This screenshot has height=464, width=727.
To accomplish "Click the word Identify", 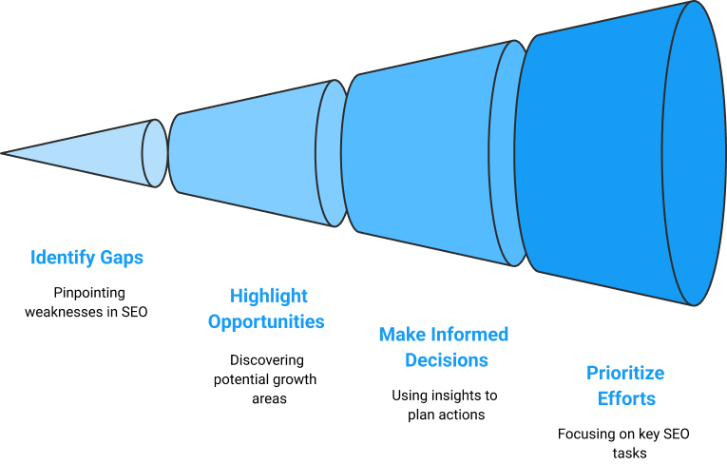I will [61, 258].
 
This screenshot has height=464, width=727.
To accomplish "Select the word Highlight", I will [269, 297].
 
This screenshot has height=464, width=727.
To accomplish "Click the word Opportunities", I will [266, 321].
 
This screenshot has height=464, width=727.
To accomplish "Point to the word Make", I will [402, 335].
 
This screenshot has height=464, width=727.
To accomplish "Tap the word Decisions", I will [447, 360].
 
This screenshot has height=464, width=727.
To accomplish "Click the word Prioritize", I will [625, 373].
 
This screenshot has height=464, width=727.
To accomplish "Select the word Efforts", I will [626, 398].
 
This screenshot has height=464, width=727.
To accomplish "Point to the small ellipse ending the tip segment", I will [155, 152].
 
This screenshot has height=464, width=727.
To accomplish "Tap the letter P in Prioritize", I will [592, 373].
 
